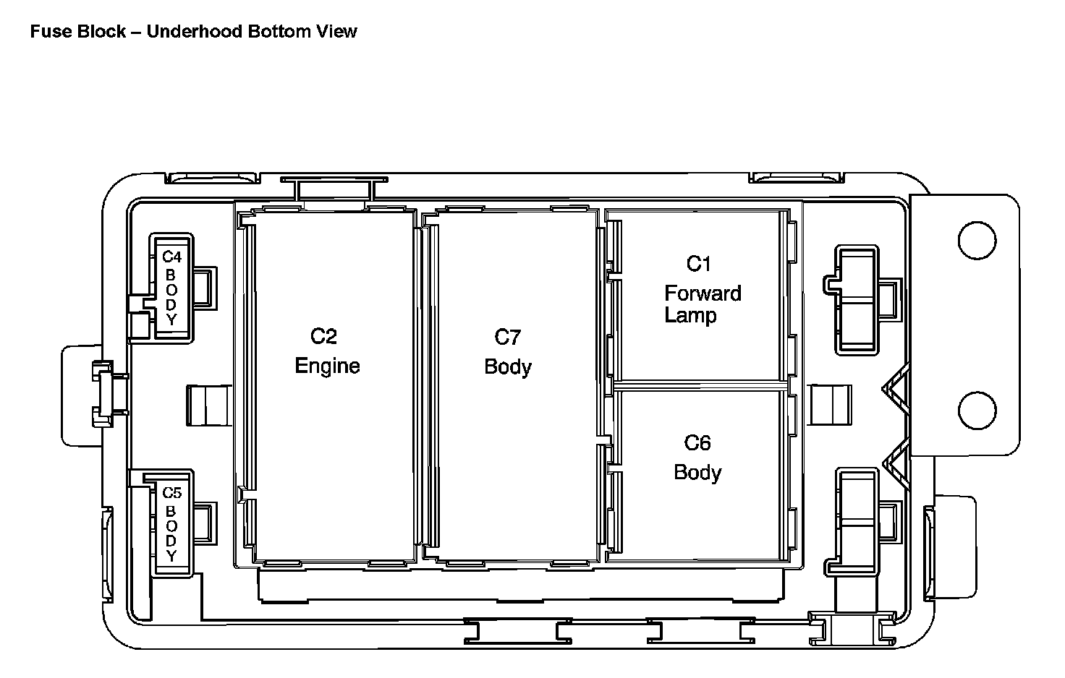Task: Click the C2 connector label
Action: pyautogui.click(x=323, y=336)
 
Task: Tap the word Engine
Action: pyautogui.click(x=327, y=366)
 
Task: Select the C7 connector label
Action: pyautogui.click(x=507, y=337)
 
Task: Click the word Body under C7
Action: pyautogui.click(x=507, y=366)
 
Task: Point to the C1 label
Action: pyautogui.click(x=699, y=264)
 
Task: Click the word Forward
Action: pyautogui.click(x=703, y=293)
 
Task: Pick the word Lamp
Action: pyautogui.click(x=690, y=315)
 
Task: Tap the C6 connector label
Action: pyautogui.click(x=697, y=442)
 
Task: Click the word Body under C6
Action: pyautogui.click(x=697, y=472)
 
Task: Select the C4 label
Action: pyautogui.click(x=171, y=257)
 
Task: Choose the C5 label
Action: pyautogui.click(x=171, y=493)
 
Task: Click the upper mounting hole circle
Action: pyautogui.click(x=976, y=239)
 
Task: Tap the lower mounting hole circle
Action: pyautogui.click(x=976, y=410)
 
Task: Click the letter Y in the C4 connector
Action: pyautogui.click(x=171, y=319)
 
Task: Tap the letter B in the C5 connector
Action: pyautogui.click(x=171, y=510)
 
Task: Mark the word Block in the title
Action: pyautogui.click(x=96, y=31)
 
